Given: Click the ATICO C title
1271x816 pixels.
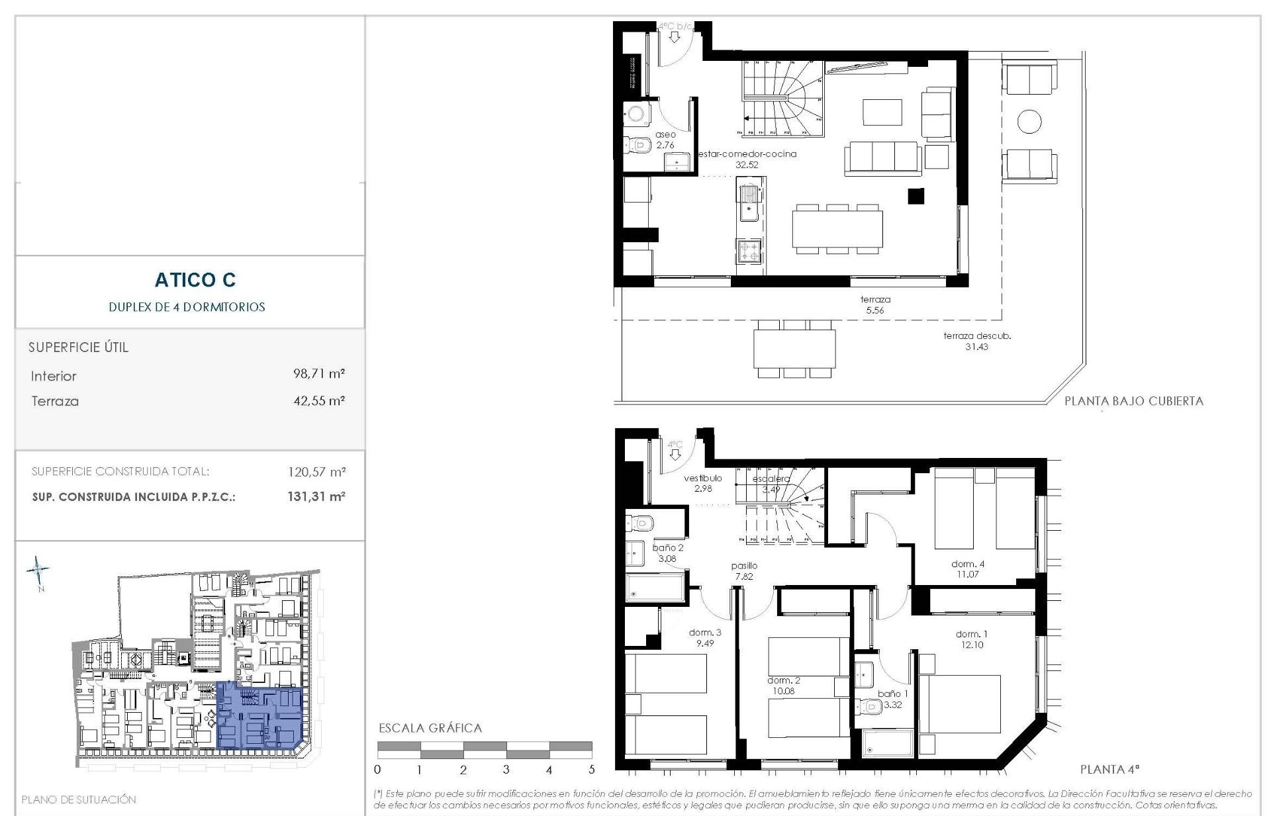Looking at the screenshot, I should (195, 280).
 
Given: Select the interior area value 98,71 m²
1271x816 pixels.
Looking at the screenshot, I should (318, 374).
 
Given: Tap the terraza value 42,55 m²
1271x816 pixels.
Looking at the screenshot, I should (318, 400).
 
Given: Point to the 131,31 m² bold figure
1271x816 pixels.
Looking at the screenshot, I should (316, 496).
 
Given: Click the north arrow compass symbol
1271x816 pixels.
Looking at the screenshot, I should (38, 568).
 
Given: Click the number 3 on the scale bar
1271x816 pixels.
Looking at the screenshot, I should (506, 770).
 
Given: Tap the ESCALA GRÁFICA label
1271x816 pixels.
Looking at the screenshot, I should (430, 728).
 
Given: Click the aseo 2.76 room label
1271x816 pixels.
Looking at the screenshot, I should (665, 140).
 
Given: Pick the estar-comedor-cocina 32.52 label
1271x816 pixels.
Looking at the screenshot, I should (747, 159).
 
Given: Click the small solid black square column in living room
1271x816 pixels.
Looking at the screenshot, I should (916, 196).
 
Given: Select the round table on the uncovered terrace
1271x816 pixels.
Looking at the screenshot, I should (1029, 121).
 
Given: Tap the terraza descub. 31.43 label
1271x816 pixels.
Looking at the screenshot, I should (976, 341).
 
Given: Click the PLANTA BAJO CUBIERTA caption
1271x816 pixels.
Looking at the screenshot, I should (1133, 401).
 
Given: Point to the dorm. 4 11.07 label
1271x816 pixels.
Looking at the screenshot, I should (967, 569).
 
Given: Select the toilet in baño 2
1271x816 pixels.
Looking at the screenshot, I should (639, 523).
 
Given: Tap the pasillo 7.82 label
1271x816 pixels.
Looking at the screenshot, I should (744, 571).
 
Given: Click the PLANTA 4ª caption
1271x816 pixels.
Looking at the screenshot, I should (1109, 770).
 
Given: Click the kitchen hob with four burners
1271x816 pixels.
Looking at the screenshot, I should (749, 251).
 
